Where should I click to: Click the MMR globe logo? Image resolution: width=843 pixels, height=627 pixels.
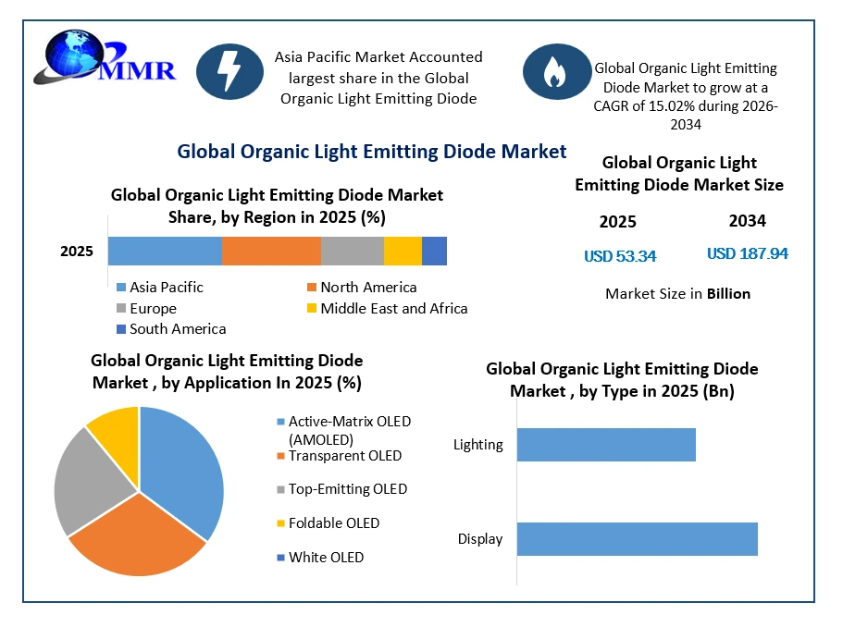tap(105, 58)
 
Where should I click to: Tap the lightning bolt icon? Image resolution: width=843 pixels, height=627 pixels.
tap(230, 71)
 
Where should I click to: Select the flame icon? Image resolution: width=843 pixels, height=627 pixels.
tap(556, 71)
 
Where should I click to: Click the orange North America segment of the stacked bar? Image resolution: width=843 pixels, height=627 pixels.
tap(271, 251)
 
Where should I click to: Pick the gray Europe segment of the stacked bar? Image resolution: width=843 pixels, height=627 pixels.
tap(353, 251)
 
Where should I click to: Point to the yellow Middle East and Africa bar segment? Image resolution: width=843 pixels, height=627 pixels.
tap(403, 251)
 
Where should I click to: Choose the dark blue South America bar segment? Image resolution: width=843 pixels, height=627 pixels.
tap(434, 251)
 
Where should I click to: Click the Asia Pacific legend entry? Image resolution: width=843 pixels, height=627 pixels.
tap(160, 288)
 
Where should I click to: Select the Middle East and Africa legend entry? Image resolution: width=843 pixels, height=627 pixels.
tap(387, 308)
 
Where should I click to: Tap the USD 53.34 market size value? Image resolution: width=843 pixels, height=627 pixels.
tap(620, 256)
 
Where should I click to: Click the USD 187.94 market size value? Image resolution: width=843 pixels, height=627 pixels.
tap(748, 253)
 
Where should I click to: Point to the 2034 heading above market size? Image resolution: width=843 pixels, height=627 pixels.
tap(748, 221)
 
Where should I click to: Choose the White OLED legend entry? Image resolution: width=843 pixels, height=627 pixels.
tap(320, 557)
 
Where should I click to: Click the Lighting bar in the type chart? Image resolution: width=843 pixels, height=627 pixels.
tap(606, 445)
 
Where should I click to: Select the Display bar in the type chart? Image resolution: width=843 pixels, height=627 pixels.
tap(637, 539)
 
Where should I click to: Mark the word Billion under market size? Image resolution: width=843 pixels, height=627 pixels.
tap(728, 294)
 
